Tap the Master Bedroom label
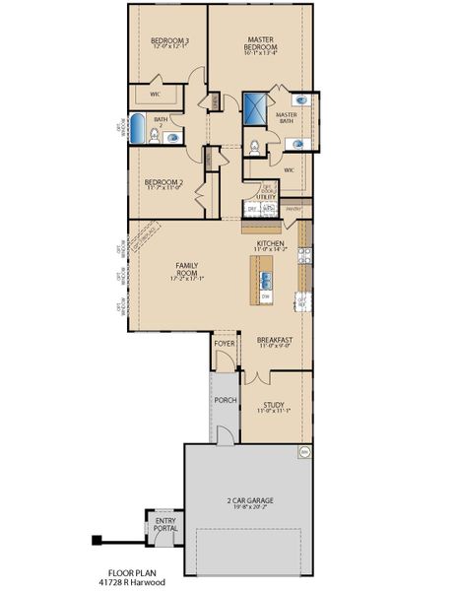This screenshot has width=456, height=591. tap(267, 43)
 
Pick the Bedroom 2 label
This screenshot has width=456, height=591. tap(163, 182)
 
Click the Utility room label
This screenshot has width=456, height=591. tap(266, 196)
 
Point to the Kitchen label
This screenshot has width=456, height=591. tap(270, 243)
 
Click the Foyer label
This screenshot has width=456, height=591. tap(225, 344)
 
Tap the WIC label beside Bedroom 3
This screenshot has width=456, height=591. tap(156, 94)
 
